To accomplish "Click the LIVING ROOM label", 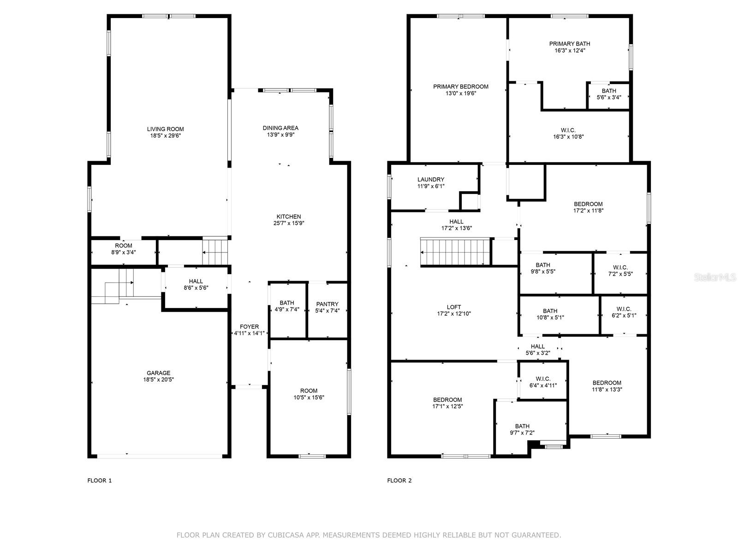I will click(165, 129).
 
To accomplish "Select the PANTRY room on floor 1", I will click(327, 307).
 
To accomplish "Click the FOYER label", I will click(249, 326).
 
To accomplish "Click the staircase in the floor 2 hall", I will click(454, 252).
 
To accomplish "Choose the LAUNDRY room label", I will click(431, 180).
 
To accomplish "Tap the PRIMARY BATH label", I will click(569, 44).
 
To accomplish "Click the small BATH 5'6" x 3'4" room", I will click(608, 94).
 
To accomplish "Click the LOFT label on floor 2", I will click(454, 307).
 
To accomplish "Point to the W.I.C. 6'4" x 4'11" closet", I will click(543, 382).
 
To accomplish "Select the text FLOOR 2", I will click(399, 481).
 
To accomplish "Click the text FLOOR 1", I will click(100, 481).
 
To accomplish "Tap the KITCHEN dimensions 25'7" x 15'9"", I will click(288, 223).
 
